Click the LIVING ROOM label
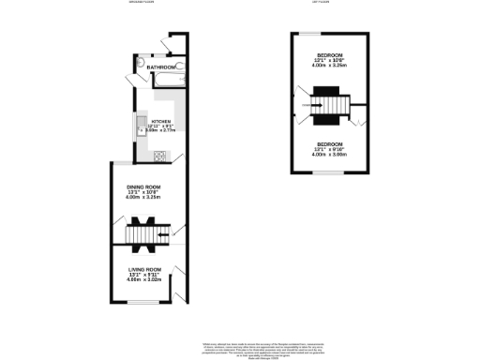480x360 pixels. [144, 268]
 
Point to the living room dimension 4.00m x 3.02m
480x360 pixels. [145, 278]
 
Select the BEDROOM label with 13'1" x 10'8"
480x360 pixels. [329, 55]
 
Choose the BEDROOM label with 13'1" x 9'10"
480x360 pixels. [329, 144]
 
